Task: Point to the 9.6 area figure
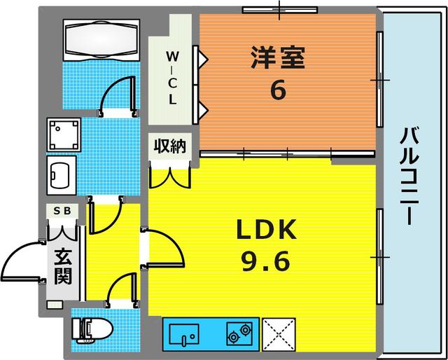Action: pyautogui.click(x=267, y=263)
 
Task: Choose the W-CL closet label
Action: pyautogui.click(x=171, y=77)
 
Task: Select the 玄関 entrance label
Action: pyautogui.click(x=63, y=266)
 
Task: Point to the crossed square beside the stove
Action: pyautogui.click(x=278, y=333)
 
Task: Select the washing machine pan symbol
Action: pyautogui.click(x=63, y=133)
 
